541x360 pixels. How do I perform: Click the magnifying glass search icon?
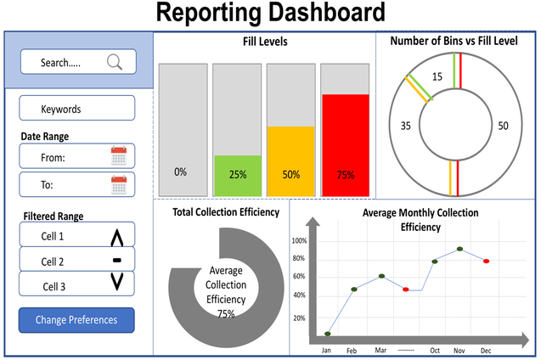[x=115, y=61]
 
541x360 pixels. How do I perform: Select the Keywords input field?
[x=77, y=109]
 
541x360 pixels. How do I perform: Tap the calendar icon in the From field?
[x=119, y=155]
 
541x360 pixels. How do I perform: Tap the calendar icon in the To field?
[x=119, y=183]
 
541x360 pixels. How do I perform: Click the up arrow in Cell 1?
[x=117, y=237]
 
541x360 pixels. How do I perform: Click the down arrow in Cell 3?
[x=117, y=283]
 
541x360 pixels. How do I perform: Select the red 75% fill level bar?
[x=345, y=144]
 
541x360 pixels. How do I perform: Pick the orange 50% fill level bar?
[x=291, y=161]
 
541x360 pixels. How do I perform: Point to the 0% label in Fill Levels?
[x=180, y=172]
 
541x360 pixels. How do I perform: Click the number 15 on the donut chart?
[x=437, y=77]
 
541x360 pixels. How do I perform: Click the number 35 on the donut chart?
[x=405, y=126]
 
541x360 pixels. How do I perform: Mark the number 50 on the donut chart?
[x=503, y=126]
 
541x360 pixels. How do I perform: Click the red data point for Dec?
[x=486, y=262]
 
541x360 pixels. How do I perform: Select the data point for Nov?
[x=459, y=249]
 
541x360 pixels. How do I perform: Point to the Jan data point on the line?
[x=327, y=334]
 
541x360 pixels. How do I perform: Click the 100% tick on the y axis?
[x=298, y=240]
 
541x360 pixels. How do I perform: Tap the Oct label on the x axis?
[x=434, y=350]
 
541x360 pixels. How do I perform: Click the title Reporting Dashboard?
[x=270, y=14]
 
